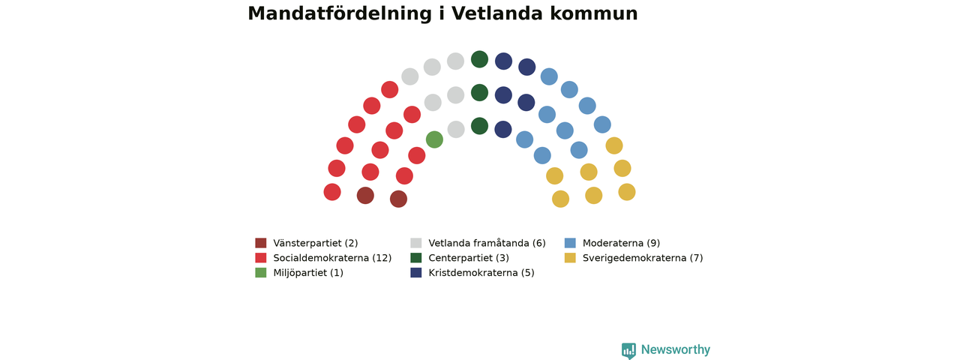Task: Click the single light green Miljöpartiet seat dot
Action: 434,139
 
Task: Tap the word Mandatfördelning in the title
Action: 340,13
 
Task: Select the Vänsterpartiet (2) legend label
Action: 316,243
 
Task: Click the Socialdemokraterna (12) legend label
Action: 332,258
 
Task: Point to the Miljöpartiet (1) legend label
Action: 308,272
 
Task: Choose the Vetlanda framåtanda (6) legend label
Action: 487,243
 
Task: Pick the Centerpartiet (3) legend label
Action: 469,258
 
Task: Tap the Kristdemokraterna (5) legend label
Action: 481,272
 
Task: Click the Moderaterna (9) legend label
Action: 622,243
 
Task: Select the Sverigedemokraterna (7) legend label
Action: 643,258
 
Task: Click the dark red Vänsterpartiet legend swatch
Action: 260,243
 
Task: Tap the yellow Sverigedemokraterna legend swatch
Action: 570,257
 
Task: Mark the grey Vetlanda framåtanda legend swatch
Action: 415,243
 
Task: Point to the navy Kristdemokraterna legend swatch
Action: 415,272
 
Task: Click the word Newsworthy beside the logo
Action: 676,349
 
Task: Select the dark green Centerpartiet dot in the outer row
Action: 479,59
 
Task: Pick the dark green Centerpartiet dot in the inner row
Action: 479,126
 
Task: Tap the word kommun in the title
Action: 594,13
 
